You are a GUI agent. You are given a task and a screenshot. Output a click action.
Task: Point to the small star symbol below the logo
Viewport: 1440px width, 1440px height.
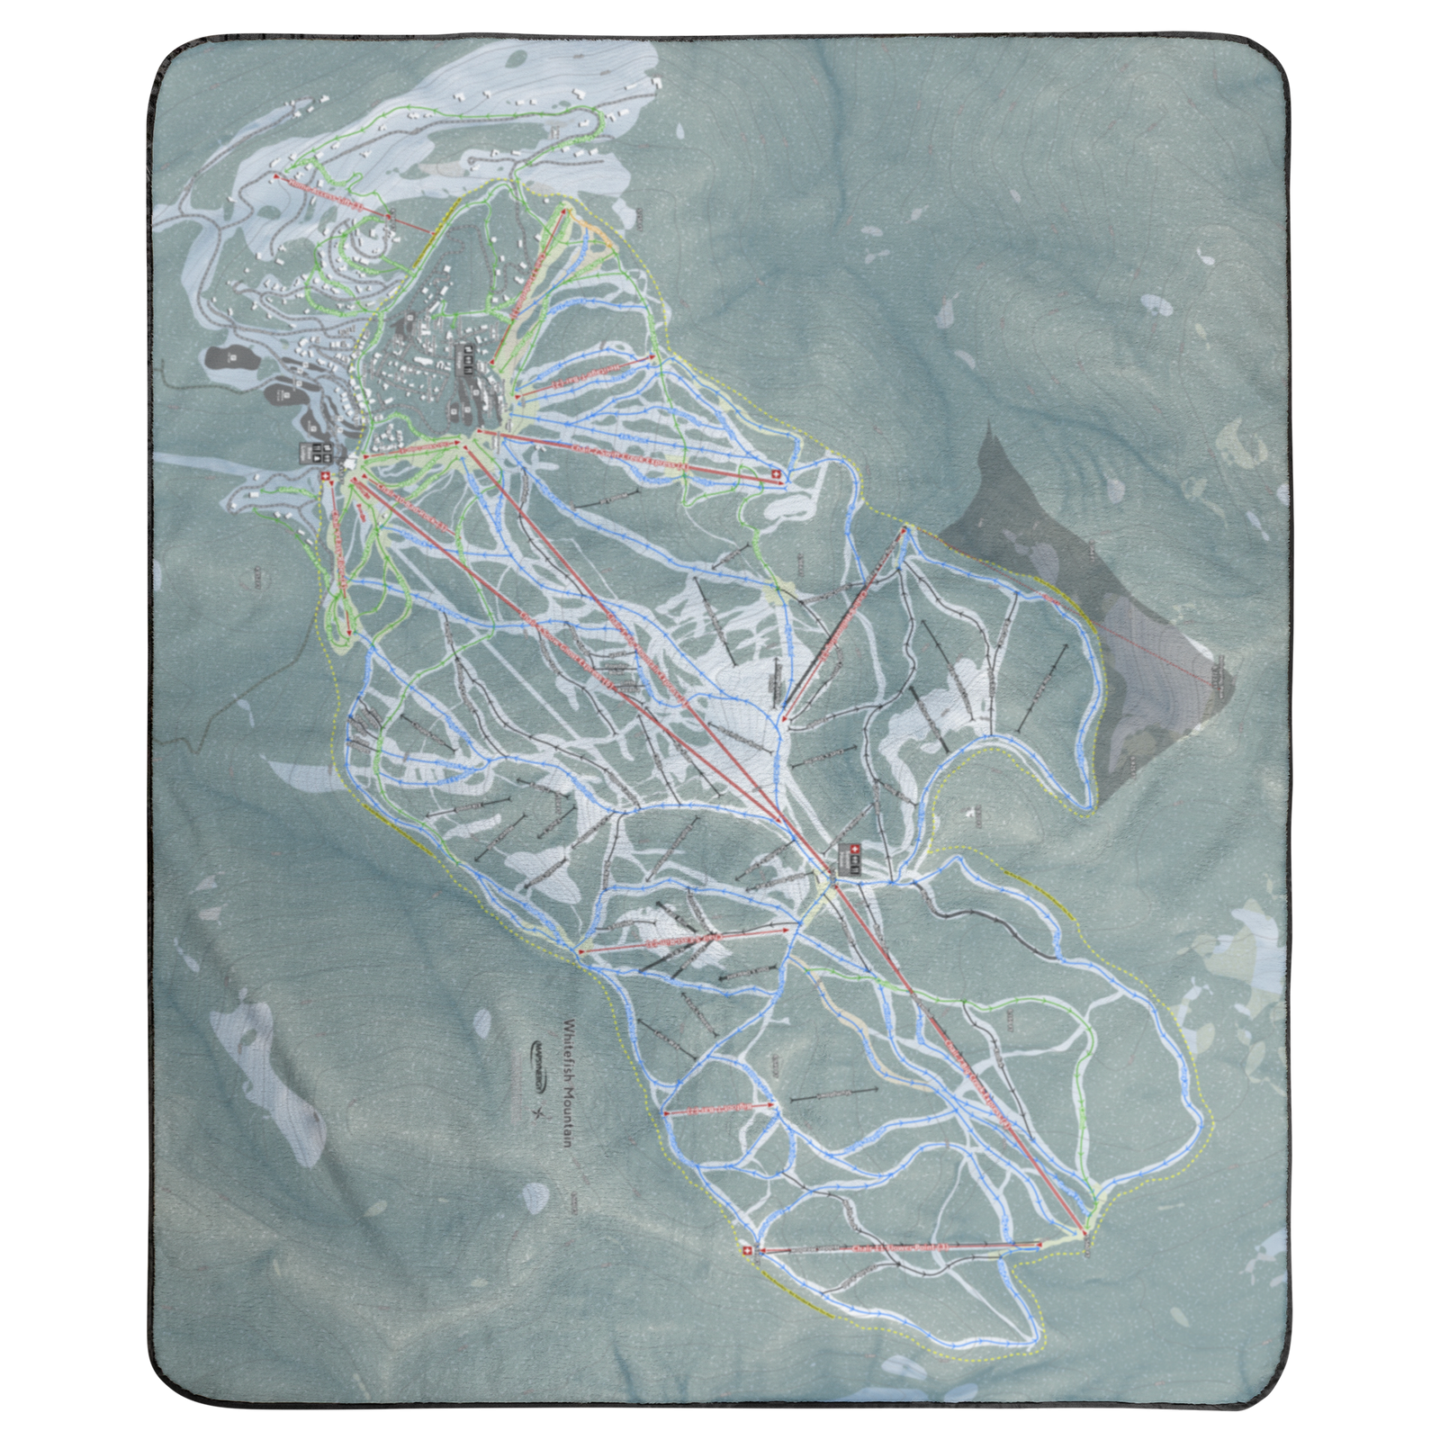540,1113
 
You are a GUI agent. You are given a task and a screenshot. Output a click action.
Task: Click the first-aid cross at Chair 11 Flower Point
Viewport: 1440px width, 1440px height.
745,1250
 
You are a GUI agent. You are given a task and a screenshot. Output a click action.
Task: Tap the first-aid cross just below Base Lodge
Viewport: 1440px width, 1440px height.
325,475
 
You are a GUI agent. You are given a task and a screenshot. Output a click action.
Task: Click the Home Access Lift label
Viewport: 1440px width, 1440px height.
333,193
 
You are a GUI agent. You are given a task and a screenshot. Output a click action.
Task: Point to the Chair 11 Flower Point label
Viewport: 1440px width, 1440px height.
900,1247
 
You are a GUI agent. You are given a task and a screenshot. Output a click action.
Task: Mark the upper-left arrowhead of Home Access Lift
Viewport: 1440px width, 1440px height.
275,175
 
